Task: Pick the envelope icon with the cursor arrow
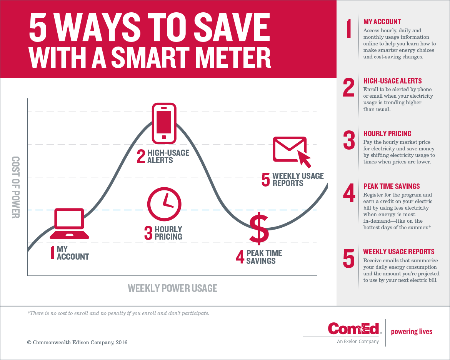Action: pyautogui.click(x=292, y=151)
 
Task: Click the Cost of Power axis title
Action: pyautogui.click(x=15, y=187)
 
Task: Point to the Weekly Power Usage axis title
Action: pyautogui.click(x=172, y=288)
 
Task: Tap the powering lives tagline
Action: pyautogui.click(x=412, y=332)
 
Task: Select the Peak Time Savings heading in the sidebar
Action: pyautogui.click(x=392, y=186)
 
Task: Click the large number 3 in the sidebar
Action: pyautogui.click(x=349, y=140)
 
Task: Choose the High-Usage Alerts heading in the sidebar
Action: pyautogui.click(x=392, y=81)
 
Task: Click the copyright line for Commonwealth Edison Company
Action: pyautogui.click(x=77, y=342)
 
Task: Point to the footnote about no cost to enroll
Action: pyautogui.click(x=118, y=313)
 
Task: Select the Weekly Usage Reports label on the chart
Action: pyautogui.click(x=298, y=180)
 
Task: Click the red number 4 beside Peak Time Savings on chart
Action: pyautogui.click(x=240, y=257)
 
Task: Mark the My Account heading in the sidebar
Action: pyautogui.click(x=382, y=22)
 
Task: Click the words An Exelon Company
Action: pyautogui.click(x=358, y=341)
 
